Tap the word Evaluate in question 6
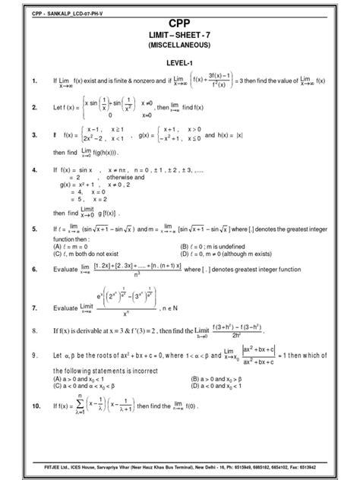click(69, 270)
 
